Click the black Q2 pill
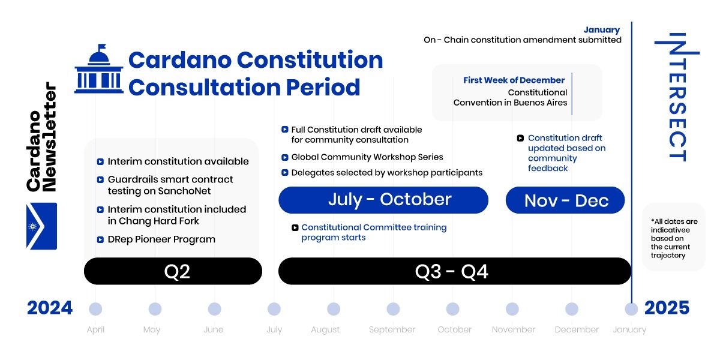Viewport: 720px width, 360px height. point(173,271)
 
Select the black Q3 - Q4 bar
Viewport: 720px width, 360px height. point(455,271)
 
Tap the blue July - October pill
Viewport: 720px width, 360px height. point(383,200)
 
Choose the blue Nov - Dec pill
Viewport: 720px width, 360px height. point(565,200)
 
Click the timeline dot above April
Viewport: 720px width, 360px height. point(95,309)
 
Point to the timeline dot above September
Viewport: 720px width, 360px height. point(393,309)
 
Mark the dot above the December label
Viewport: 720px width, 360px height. point(572,309)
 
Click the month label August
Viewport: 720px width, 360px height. point(325,330)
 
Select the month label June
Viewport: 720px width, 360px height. point(214,329)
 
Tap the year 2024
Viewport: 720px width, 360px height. point(50,308)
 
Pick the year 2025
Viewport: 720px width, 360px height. point(667,308)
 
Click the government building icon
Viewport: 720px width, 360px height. point(99,69)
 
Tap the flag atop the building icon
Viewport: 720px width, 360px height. point(102,47)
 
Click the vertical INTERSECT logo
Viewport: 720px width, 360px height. point(677,97)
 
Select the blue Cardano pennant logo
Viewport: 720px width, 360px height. point(42,226)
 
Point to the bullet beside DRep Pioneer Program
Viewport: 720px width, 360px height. point(100,240)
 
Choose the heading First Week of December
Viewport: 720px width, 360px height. point(514,80)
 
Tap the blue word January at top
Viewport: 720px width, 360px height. point(602,30)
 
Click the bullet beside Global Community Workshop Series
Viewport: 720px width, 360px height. point(285,157)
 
